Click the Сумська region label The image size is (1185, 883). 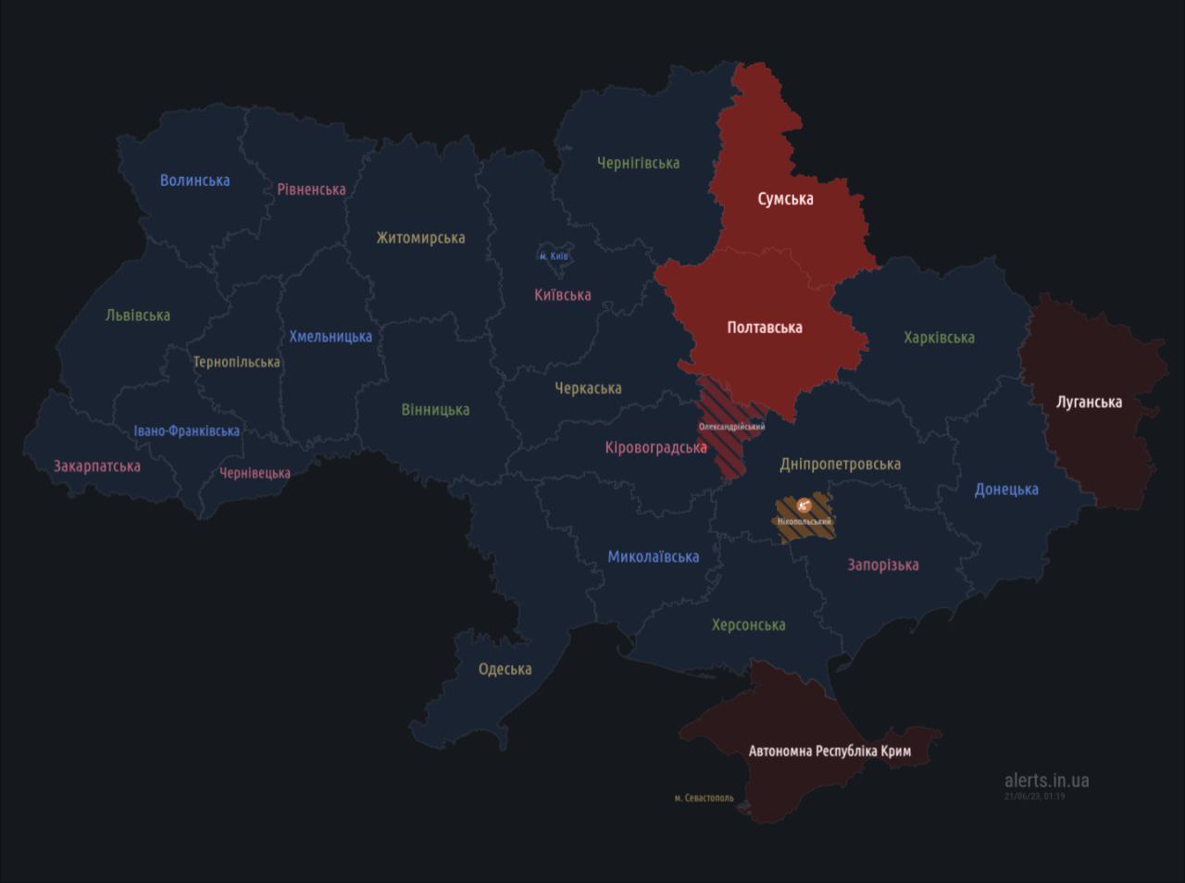pos(785,199)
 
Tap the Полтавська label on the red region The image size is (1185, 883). pos(765,327)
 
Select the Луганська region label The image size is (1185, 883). pos(1089,402)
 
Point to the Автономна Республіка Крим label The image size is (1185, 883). pos(829,751)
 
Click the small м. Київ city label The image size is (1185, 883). pos(554,256)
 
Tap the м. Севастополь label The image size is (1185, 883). pos(704,798)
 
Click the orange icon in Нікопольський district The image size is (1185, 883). pos(804,505)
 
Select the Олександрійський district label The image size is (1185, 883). pos(731,427)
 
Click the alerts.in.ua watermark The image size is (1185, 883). pos(1046,780)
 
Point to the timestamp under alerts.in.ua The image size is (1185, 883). pos(1034,796)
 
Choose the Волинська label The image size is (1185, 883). pos(194,180)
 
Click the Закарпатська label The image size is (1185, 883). pos(97,466)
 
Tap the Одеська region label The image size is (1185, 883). pos(505,668)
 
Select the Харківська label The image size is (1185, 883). pos(939,338)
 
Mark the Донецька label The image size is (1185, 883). pos(1006,490)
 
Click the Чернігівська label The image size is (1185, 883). pos(638,163)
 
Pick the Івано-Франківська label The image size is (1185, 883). pos(186,430)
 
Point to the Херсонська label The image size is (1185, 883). pos(748,625)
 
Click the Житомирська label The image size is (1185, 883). pos(420,238)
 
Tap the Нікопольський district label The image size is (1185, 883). pos(804,522)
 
